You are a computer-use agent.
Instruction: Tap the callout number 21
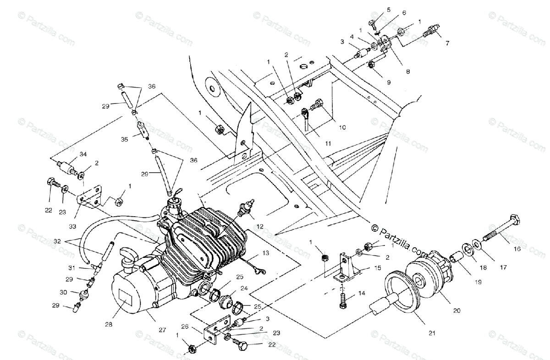coord(431,333)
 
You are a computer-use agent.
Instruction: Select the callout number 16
coord(517,249)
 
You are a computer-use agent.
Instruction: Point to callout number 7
coord(447,44)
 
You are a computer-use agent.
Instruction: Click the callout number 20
coord(456,310)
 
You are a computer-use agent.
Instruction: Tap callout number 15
coord(378,267)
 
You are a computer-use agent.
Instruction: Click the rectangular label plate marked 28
coord(128,299)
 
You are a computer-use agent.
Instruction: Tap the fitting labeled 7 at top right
coord(431,32)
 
